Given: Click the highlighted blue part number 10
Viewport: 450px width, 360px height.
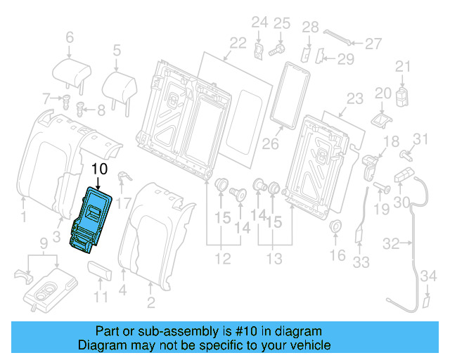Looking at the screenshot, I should tap(91, 219).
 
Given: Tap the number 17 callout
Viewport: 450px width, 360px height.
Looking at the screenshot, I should tap(124, 205).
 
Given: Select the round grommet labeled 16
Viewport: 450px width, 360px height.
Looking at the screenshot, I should tap(337, 227).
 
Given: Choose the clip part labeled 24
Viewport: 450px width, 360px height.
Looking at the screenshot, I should tap(259, 50).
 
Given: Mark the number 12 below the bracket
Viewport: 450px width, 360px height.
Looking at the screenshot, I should tap(222, 259).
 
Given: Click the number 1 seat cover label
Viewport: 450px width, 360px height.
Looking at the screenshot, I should tap(23, 218).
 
